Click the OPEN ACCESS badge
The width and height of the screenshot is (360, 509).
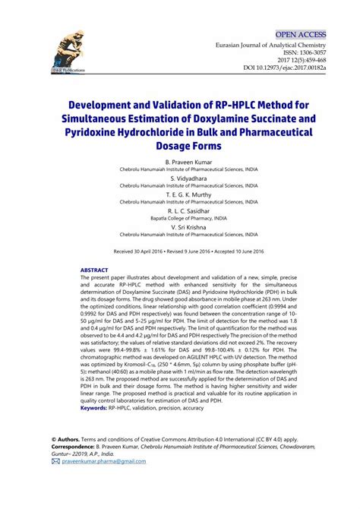point(300,35)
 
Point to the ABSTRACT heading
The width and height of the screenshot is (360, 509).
point(95,270)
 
